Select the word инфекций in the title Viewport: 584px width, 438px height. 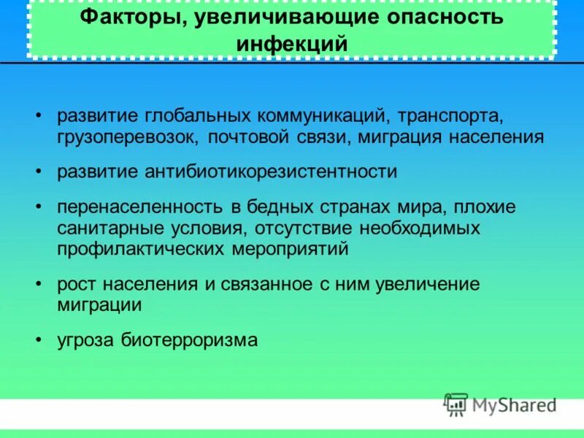coord(292,44)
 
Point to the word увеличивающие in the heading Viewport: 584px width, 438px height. coord(291,17)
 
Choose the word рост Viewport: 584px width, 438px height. coord(75,284)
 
